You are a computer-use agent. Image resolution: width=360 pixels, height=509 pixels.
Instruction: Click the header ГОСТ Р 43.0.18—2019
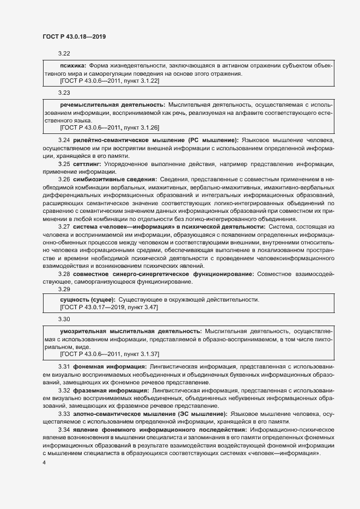click(x=74, y=36)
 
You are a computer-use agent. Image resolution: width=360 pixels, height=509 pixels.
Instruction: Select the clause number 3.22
click(x=64, y=53)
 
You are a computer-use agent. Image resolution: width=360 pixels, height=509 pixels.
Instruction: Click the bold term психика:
click(x=72, y=65)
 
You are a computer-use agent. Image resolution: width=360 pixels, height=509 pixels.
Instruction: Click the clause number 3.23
click(x=64, y=93)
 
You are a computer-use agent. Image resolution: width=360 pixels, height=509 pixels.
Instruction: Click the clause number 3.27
click(x=64, y=225)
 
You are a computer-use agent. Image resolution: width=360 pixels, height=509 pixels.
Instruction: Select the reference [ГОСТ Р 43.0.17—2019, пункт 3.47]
click(x=108, y=307)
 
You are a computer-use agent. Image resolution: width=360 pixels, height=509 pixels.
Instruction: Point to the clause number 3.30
click(x=64, y=319)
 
